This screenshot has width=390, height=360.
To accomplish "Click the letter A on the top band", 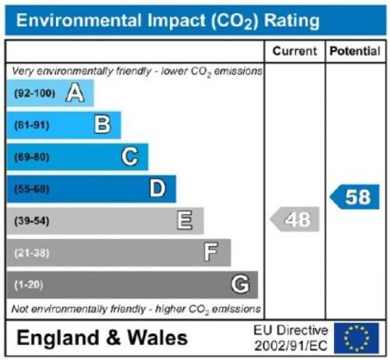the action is (75, 93).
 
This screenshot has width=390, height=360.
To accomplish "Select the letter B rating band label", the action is (102, 124).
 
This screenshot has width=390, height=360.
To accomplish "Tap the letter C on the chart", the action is (129, 157).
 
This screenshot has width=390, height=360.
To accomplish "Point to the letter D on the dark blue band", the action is (157, 189).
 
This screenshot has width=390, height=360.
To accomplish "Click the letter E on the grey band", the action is (185, 220).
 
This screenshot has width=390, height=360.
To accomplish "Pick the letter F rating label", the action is (211, 251).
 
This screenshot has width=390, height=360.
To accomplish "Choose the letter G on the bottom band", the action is (240, 284).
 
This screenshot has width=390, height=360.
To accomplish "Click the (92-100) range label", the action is (35, 93).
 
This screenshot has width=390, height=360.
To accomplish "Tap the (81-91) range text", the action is (31, 125).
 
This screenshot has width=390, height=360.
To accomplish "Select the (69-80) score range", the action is (31, 157).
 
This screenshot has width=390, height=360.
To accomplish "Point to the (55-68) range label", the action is (31, 189).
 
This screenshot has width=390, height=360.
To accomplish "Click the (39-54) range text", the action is (31, 221).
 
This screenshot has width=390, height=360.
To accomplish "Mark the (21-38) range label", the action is (31, 253).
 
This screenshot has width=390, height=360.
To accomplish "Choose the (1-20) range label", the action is (29, 285).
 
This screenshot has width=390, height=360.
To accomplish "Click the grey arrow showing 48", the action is (294, 219).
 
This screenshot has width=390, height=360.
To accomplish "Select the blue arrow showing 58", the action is (355, 197).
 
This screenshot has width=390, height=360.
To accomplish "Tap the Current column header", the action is (294, 51).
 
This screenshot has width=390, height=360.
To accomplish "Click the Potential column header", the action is (355, 51).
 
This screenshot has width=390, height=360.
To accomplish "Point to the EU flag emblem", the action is (356, 338).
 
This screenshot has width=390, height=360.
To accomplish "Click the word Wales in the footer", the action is (157, 338).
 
